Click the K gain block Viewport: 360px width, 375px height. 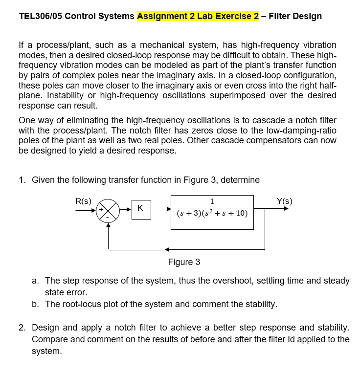pyautogui.click(x=140, y=208)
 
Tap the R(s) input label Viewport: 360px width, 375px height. pyautogui.click(x=83, y=200)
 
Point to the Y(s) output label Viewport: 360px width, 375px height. pyautogui.click(x=285, y=200)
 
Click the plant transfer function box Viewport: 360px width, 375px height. pyautogui.click(x=212, y=212)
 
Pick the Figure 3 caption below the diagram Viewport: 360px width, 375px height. pyautogui.click(x=184, y=262)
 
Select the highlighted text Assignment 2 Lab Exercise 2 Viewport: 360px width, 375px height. pyautogui.click(x=198, y=16)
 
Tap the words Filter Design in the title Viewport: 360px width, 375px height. pyautogui.click(x=295, y=16)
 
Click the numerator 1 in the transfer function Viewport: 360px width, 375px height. pyautogui.click(x=212, y=201)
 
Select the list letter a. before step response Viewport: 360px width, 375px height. pyautogui.click(x=35, y=281)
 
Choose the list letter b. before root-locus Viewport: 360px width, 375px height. pyautogui.click(x=35, y=304)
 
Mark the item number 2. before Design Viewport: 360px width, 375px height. pyautogui.click(x=22, y=327)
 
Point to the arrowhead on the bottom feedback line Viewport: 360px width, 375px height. pyautogui.click(x=167, y=250)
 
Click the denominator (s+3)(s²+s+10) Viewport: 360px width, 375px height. pyautogui.click(x=212, y=214)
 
